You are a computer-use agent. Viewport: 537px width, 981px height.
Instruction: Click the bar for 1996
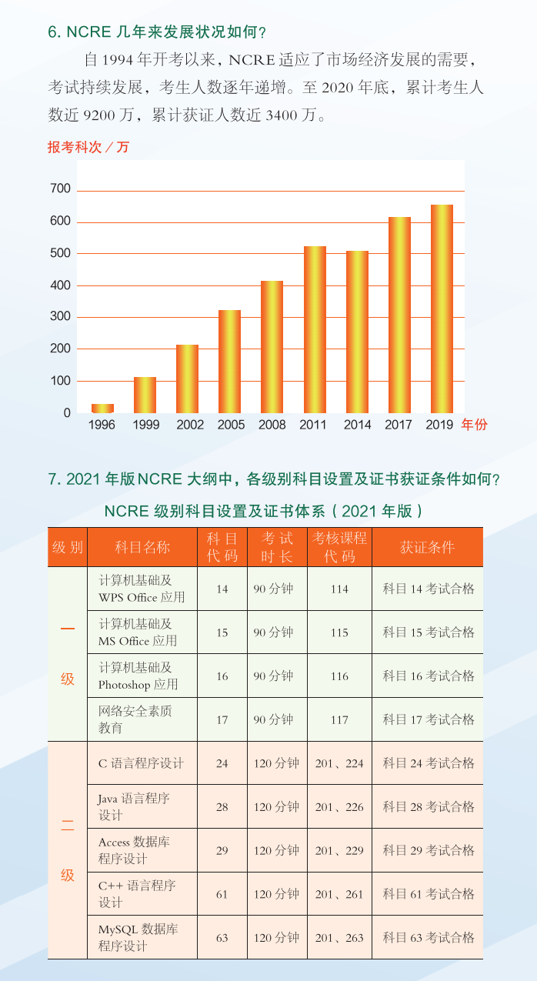[x=102, y=409]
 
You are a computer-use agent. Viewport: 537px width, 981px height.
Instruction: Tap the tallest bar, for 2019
[x=442, y=309]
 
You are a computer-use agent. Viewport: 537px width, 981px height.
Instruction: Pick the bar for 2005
[x=229, y=361]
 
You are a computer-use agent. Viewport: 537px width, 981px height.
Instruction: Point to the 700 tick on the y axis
[x=61, y=189]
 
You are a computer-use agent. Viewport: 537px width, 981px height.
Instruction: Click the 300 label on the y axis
[x=61, y=317]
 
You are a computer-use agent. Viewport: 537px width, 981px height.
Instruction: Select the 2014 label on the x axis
[x=357, y=425]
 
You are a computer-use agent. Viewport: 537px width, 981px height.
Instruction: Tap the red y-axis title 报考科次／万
[x=88, y=147]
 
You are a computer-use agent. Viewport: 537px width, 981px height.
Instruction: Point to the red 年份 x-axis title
[x=474, y=425]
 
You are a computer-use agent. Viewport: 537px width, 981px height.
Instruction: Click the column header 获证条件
[x=427, y=547]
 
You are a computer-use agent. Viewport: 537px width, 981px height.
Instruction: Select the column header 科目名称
[x=142, y=547]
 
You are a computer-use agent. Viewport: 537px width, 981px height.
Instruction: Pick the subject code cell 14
[x=222, y=589]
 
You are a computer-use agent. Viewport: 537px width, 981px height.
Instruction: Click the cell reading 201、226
[x=339, y=807]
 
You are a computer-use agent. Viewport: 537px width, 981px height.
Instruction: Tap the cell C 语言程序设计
[x=142, y=764]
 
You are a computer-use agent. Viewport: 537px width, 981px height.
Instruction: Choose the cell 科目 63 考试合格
[x=429, y=938]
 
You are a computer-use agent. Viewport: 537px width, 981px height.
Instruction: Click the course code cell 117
[x=339, y=720]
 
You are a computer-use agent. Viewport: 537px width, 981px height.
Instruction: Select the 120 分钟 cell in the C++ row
[x=276, y=894]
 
